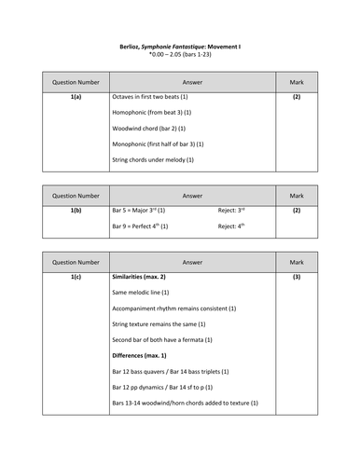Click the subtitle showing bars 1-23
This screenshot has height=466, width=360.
coord(180,54)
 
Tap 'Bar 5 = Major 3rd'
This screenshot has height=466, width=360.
coord(140,211)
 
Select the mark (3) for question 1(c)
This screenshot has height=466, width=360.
coord(297,277)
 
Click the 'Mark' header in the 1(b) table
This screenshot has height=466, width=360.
coord(297,196)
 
